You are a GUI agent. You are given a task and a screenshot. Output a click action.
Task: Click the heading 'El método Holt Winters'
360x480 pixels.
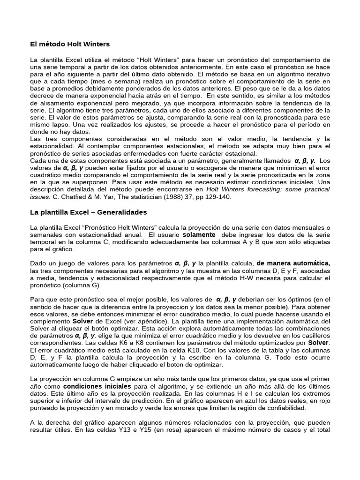69,45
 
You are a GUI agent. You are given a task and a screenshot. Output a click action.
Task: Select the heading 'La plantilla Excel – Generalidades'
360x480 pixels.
88,212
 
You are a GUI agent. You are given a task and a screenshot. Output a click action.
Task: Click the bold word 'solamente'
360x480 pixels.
199,234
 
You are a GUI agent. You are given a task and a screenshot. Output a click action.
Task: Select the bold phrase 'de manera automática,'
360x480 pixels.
293,263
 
